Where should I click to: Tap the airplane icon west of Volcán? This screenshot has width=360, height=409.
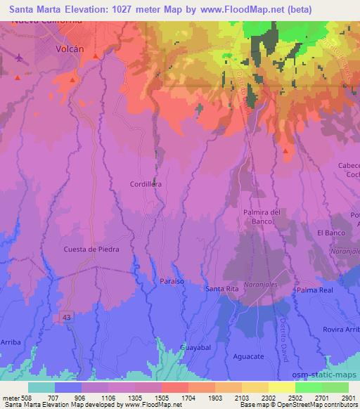[x=19, y=57]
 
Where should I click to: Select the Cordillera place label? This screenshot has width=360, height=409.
[x=146, y=184]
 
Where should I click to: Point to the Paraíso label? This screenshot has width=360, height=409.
[x=172, y=280]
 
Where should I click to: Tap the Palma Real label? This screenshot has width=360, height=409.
[x=314, y=290]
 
